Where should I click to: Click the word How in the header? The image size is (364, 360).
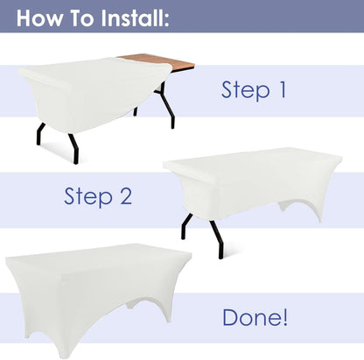pyautogui.click(x=39, y=18)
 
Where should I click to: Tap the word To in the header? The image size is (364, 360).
pyautogui.click(x=82, y=18)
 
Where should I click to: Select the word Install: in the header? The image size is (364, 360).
pyautogui.click(x=136, y=18)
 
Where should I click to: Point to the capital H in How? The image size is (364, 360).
pyautogui.click(x=23, y=18)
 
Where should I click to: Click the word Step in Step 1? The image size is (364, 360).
pyautogui.click(x=246, y=90)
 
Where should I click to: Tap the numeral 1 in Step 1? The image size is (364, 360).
pyautogui.click(x=283, y=89)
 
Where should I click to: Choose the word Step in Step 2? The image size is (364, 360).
pyautogui.click(x=88, y=197)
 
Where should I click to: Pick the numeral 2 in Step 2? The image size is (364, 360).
pyautogui.click(x=126, y=196)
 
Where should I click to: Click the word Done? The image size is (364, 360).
pyautogui.click(x=255, y=317)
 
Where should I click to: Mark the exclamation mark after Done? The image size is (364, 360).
pyautogui.click(x=285, y=317)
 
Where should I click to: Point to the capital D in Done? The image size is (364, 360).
pyautogui.click(x=230, y=318)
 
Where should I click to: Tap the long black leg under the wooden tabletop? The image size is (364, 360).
pyautogui.click(x=165, y=103)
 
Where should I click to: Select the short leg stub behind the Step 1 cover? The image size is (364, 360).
pyautogui.click(x=135, y=111)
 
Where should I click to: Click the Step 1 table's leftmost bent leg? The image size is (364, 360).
pyautogui.click(x=40, y=134)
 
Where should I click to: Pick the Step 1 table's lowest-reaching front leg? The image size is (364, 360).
pyautogui.click(x=74, y=149)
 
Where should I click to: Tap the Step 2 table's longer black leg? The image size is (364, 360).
pyautogui.click(x=217, y=239)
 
